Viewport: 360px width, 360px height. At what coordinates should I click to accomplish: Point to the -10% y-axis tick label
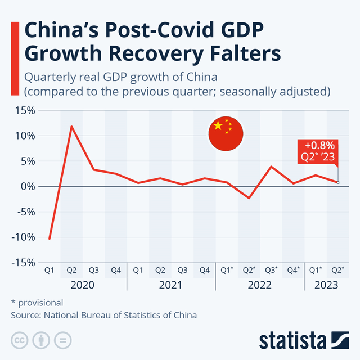[22, 237]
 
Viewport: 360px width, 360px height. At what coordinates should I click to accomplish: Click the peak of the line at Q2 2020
[71, 126]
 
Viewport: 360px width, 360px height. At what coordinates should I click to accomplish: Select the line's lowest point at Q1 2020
[49, 238]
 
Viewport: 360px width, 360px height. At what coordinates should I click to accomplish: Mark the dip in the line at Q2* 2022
[249, 198]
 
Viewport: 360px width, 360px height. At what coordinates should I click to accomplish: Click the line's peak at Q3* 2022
[271, 166]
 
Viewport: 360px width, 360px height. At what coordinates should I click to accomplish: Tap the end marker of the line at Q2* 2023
[337, 182]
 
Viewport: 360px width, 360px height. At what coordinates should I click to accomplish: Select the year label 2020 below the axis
[82, 285]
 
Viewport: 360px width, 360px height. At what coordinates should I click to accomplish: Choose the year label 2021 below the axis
[171, 285]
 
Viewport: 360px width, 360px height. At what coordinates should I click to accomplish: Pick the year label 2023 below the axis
[326, 285]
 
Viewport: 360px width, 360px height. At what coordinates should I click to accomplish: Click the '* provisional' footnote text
[37, 302]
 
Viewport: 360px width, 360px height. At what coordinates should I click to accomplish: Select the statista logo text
[292, 341]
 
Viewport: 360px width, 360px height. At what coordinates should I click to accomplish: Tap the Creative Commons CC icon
[19, 340]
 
